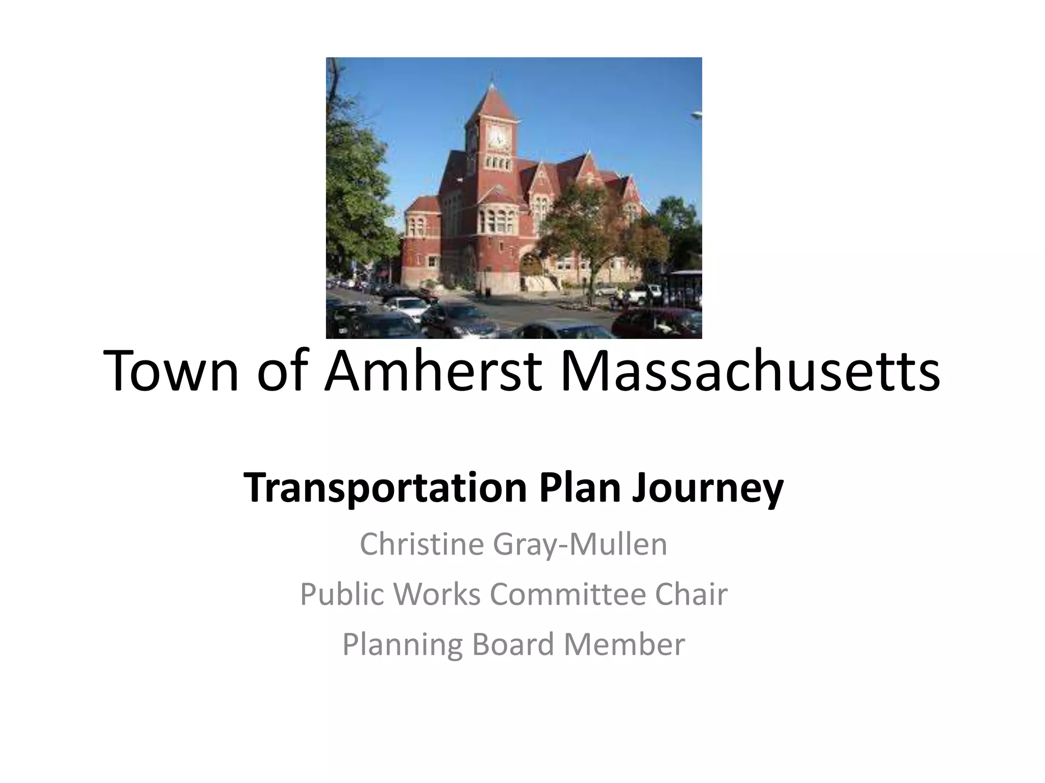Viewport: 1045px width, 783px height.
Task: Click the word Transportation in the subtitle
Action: pos(385,488)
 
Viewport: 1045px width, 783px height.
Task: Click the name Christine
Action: pos(421,544)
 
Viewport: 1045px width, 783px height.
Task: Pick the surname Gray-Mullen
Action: pos(580,544)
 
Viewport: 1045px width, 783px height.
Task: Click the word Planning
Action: pos(402,645)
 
